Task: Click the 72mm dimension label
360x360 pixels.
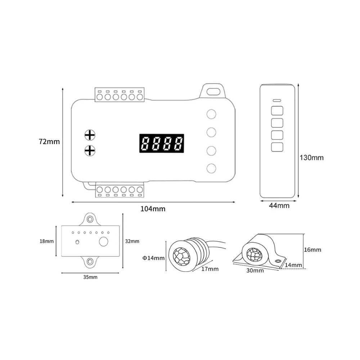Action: (49, 141)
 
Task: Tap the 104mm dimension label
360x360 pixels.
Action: (153, 209)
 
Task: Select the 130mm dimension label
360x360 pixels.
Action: (311, 158)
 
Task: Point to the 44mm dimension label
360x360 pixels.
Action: (279, 206)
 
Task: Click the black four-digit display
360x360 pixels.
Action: (162, 143)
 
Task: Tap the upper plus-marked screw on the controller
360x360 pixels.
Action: (90, 135)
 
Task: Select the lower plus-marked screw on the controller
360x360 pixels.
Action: (90, 150)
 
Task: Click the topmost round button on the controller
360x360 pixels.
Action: (211, 114)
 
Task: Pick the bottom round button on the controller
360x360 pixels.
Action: (211, 168)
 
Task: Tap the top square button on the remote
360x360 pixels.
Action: (277, 111)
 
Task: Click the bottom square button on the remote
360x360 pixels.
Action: (277, 147)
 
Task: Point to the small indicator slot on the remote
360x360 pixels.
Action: (277, 100)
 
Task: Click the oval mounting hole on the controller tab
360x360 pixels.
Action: (213, 91)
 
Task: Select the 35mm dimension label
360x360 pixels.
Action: (90, 277)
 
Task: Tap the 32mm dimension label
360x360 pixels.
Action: (132, 241)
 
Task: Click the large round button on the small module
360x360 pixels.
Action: (104, 242)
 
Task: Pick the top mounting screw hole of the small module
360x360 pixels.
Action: (90, 219)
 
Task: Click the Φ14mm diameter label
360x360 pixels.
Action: (153, 258)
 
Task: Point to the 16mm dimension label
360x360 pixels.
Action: (312, 249)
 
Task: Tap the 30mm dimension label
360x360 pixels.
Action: (255, 270)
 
